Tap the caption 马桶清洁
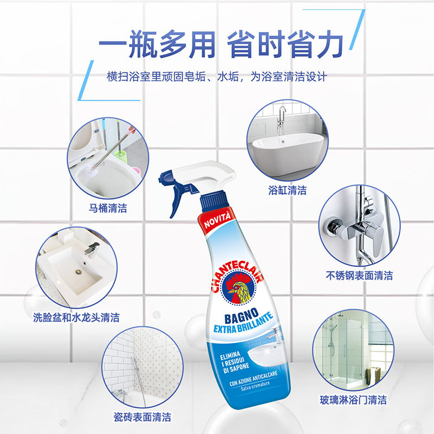click(x=108, y=208)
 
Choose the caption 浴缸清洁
click(x=288, y=190)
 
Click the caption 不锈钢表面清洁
click(x=359, y=275)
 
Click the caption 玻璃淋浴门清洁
click(x=353, y=400)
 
